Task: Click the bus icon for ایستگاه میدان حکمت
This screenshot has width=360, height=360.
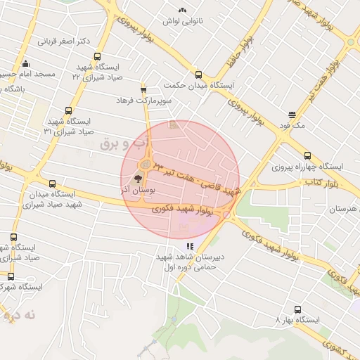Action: coord(198,74)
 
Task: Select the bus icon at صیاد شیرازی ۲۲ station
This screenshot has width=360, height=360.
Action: coord(97,57)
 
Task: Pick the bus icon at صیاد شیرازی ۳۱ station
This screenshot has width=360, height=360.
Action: coord(68,110)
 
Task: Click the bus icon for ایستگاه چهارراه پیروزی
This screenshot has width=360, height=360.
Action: coord(307,155)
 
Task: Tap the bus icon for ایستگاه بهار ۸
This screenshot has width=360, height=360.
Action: coord(297,309)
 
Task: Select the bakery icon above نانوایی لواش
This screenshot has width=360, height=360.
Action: coord(183,10)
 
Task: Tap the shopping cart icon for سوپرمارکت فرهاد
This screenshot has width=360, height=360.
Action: coord(144,89)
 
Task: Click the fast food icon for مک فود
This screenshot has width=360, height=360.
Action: coord(292,115)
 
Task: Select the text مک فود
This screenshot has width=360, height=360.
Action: coord(292,126)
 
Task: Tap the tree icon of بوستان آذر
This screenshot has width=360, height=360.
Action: coord(147,178)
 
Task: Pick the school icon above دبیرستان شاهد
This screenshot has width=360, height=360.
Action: coord(190,246)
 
